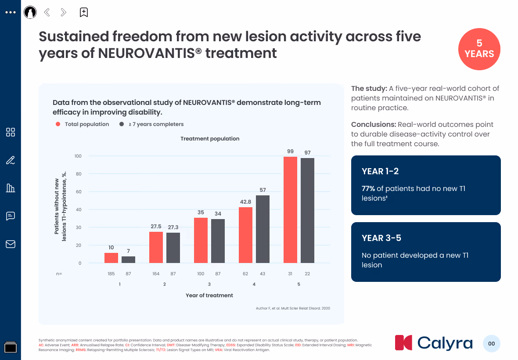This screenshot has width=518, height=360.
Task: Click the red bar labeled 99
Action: (290, 210)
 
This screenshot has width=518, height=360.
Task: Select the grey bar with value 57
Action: (263, 229)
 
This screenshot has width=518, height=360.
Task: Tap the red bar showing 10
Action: (111, 258)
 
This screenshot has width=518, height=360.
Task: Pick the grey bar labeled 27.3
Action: (173, 248)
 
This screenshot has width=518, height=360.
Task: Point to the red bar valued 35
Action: (201, 241)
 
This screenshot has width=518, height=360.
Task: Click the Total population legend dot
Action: (58, 124)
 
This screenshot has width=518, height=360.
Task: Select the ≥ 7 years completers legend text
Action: (156, 124)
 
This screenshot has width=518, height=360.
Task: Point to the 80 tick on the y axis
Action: (78, 174)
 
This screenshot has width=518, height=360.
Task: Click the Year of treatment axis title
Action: (209, 295)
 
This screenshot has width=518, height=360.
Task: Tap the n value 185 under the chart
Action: (111, 274)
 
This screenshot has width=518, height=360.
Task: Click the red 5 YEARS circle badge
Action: (479, 49)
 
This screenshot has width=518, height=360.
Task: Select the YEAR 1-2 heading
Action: (380, 171)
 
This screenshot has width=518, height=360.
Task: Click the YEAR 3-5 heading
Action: (381, 238)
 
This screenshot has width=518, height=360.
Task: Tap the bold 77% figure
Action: (368, 189)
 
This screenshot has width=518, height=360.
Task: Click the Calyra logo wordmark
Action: (445, 343)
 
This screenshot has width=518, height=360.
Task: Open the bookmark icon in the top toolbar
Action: (83, 12)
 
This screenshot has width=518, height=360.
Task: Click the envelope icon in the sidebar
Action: (11, 244)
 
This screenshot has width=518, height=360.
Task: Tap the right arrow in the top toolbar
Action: (63, 12)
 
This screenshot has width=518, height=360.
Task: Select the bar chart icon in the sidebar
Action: (11, 188)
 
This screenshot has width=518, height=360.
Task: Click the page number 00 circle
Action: (491, 343)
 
